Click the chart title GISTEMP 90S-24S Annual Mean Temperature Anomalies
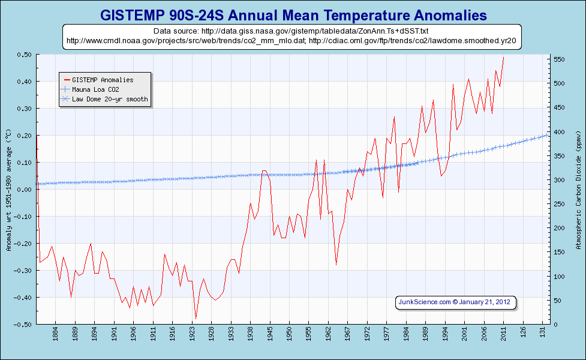click(x=293, y=14)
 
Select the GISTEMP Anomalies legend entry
click(x=102, y=79)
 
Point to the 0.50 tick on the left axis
click(x=25, y=55)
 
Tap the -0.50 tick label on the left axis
click(x=23, y=325)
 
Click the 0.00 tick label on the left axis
click(x=25, y=190)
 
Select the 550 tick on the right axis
click(x=560, y=59)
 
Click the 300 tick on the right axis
click(x=560, y=180)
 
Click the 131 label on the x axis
click(x=543, y=331)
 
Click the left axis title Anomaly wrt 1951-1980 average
click(x=8, y=190)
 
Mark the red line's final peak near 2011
click(x=504, y=58)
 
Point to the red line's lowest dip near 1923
click(x=196, y=319)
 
